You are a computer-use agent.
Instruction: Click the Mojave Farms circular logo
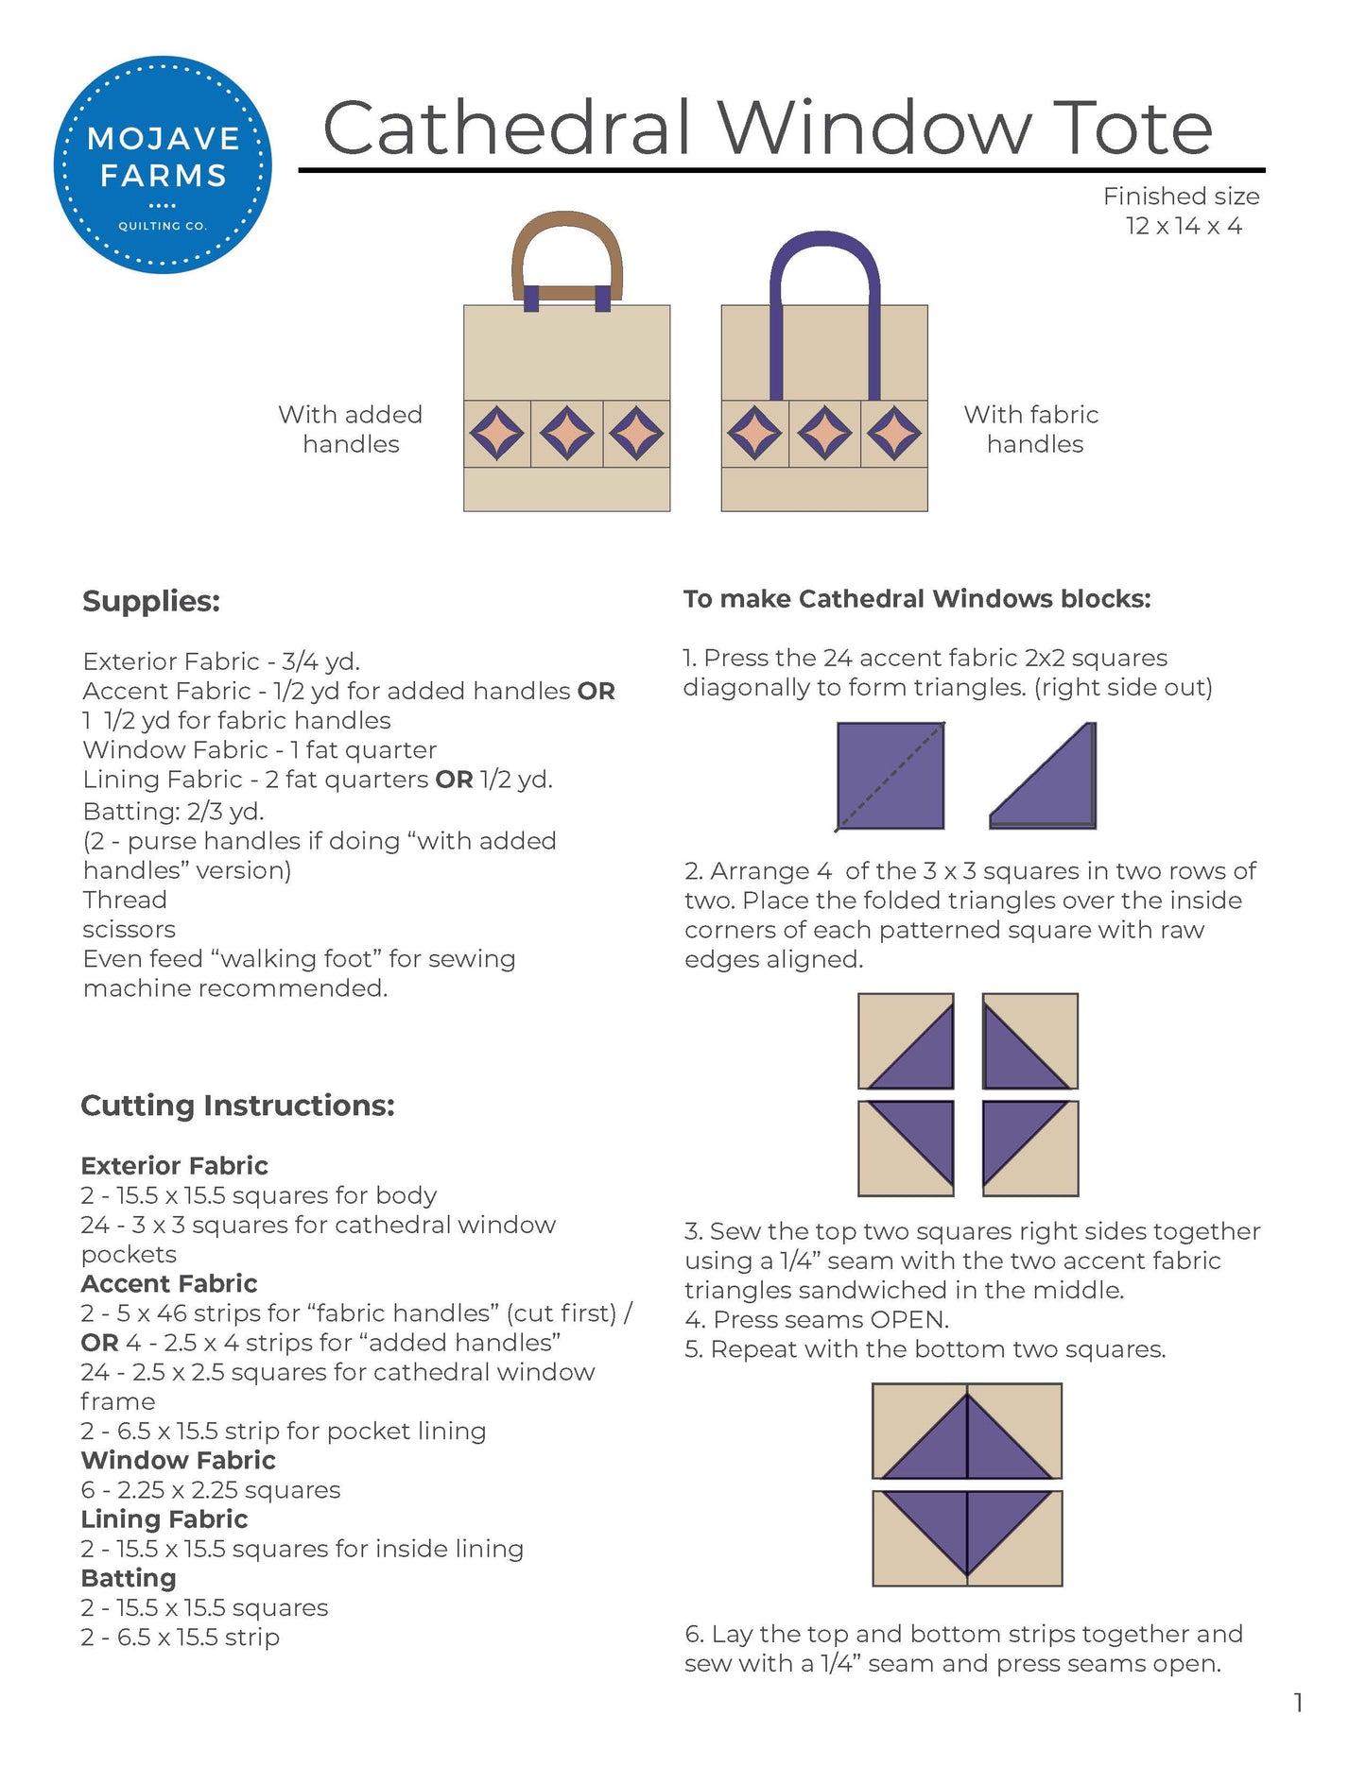(x=163, y=164)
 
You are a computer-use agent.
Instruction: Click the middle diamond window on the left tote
(x=566, y=434)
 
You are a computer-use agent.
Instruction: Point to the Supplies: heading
(x=151, y=601)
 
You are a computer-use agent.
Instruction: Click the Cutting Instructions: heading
(x=237, y=1105)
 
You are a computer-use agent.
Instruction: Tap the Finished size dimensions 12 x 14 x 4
(x=1183, y=226)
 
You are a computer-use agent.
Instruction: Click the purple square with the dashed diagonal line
(x=890, y=776)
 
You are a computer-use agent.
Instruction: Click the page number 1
(x=1298, y=1703)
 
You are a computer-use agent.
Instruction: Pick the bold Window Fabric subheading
(x=178, y=1460)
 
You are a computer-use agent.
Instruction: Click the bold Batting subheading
(x=129, y=1578)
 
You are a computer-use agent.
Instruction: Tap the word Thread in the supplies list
(x=125, y=900)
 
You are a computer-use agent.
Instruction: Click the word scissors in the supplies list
(x=129, y=929)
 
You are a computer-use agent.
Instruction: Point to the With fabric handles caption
(x=1031, y=429)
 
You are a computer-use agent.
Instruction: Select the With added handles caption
(x=350, y=429)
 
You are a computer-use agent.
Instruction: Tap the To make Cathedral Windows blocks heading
(x=917, y=599)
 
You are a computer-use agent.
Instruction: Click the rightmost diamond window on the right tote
(x=894, y=434)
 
